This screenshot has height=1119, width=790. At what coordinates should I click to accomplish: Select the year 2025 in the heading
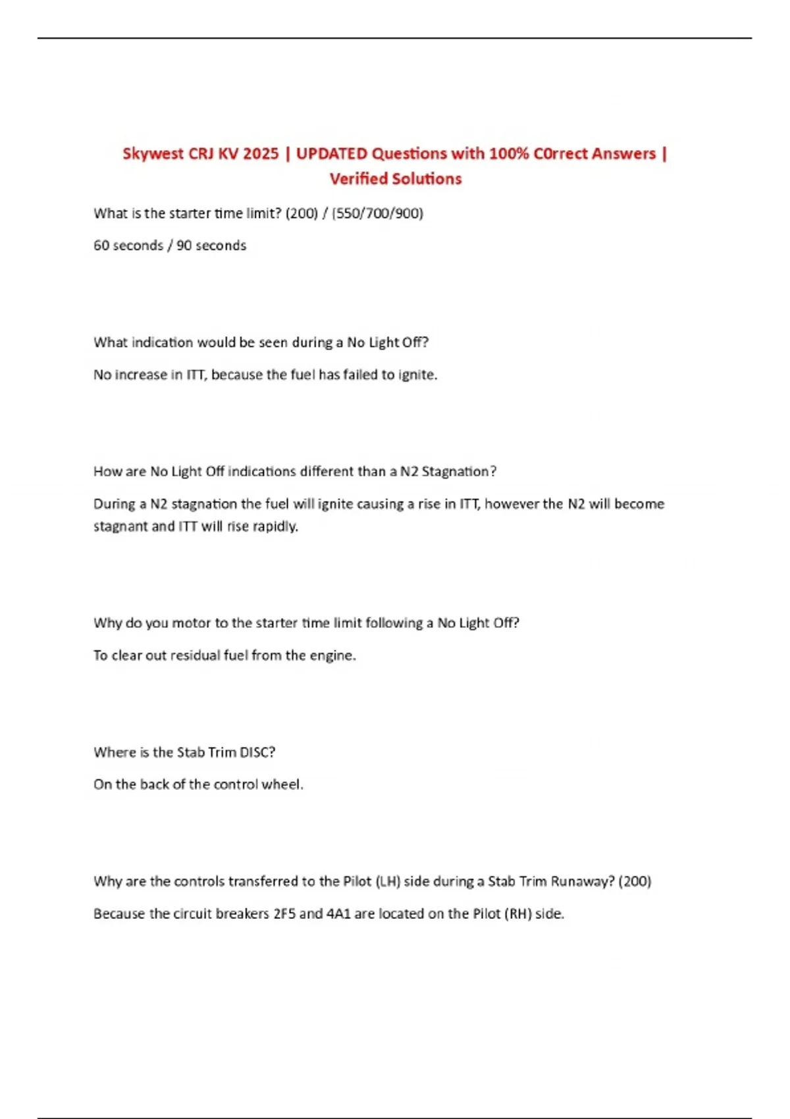[261, 154]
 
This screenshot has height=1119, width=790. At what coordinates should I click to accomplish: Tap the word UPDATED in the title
[332, 154]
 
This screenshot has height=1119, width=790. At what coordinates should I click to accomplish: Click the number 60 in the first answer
[101, 246]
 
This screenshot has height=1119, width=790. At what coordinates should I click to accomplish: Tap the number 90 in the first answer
[184, 246]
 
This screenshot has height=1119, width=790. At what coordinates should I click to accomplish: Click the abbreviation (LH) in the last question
[388, 881]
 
